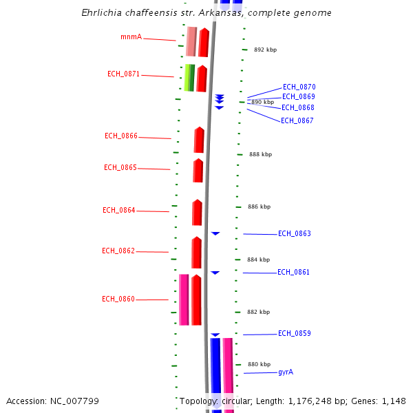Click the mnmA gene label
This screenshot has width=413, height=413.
pos(131,36)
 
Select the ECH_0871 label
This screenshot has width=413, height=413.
pos(123,74)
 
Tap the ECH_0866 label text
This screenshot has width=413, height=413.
pos(121,136)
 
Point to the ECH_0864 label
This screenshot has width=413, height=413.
pos(119,210)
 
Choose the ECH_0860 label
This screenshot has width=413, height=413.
pos(118,299)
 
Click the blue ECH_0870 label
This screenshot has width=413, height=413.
pos(299,87)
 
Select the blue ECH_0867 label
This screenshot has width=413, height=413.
pos(297,120)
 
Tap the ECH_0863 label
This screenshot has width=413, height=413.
pos(294,233)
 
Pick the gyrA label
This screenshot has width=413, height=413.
pos(286,372)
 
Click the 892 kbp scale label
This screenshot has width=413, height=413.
pos(265,50)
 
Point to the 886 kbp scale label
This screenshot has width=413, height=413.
pos(259,206)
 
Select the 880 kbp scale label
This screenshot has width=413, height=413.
pos(259,364)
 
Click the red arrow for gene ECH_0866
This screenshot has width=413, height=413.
pos(199,140)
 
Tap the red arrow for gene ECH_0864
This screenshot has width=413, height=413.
pos(197,213)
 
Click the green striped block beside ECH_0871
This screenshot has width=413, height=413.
pos(189,78)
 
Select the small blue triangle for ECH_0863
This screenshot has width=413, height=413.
pos(215,234)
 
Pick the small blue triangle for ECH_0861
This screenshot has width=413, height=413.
pos(215,273)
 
